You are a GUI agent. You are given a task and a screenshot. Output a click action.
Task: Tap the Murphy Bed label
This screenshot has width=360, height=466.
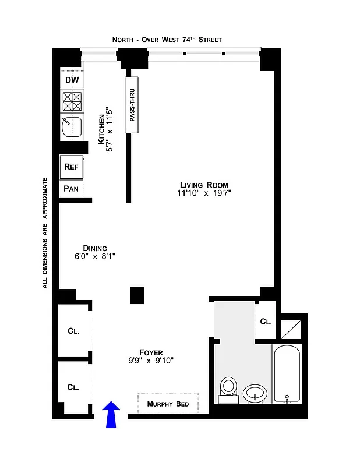168,404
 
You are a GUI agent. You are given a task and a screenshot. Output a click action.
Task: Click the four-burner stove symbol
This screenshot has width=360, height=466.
72,101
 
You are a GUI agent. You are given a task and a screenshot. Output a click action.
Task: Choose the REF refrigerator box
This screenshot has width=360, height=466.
71,167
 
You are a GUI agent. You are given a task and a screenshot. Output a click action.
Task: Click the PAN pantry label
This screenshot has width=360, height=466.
71,189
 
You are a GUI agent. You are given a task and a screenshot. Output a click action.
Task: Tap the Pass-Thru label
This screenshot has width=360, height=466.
132,104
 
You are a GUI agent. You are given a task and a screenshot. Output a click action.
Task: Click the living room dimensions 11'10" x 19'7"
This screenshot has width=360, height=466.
205,193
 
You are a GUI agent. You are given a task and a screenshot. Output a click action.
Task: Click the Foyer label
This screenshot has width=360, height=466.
150,352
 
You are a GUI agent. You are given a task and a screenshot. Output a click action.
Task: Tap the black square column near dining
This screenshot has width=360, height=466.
137,295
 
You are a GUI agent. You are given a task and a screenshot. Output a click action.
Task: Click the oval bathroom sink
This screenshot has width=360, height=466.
255,393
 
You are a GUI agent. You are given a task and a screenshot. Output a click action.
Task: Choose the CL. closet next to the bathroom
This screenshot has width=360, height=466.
266,321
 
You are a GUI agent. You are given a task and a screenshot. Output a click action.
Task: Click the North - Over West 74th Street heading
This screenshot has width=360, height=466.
168,40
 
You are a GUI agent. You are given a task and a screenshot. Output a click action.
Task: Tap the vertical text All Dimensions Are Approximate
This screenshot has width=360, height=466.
44,233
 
